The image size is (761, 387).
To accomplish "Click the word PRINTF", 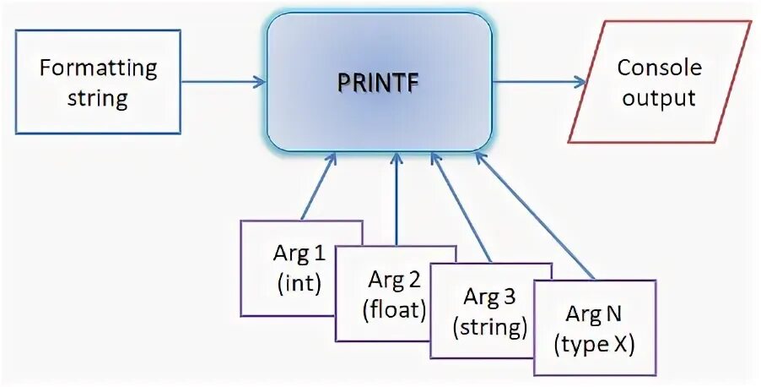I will [379, 84].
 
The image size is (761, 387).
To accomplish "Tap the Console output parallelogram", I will [657, 82].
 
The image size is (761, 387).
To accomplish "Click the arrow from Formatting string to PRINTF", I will [224, 82].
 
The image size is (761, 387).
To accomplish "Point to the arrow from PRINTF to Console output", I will [540, 82].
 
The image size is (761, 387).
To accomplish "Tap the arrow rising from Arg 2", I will [396, 199].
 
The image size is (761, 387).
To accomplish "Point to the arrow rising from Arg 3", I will [460, 207].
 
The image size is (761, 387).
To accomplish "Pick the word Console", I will [658, 68].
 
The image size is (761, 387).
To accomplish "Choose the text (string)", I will [490, 326].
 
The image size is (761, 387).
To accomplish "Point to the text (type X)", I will [596, 343].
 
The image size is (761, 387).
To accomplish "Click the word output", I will [657, 97].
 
